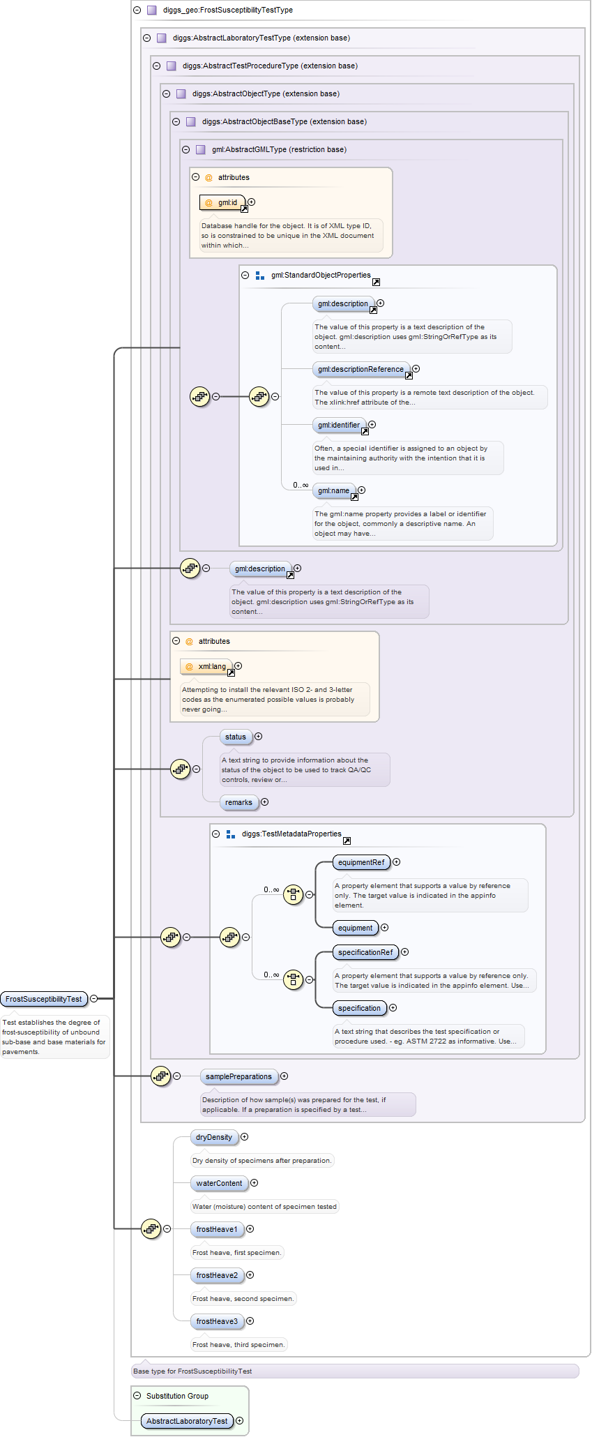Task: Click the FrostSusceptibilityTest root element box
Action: click(44, 999)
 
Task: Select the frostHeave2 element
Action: click(217, 1275)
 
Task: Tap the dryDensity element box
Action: click(214, 1137)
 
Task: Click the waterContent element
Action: click(219, 1183)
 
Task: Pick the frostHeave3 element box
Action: click(217, 1321)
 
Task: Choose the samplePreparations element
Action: click(238, 1076)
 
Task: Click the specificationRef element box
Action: click(365, 952)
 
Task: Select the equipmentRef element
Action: click(361, 862)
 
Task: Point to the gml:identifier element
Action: click(339, 425)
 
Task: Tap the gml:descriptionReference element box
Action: click(360, 369)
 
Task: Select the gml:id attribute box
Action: click(222, 202)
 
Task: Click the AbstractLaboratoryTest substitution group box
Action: click(187, 1421)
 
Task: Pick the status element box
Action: click(236, 737)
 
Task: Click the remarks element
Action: click(238, 802)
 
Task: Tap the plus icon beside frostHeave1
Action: click(250, 1229)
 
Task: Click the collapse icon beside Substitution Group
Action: click(137, 1396)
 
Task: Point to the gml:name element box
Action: click(334, 490)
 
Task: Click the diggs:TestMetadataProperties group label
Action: click(291, 834)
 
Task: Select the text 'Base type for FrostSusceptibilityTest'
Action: click(192, 1371)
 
